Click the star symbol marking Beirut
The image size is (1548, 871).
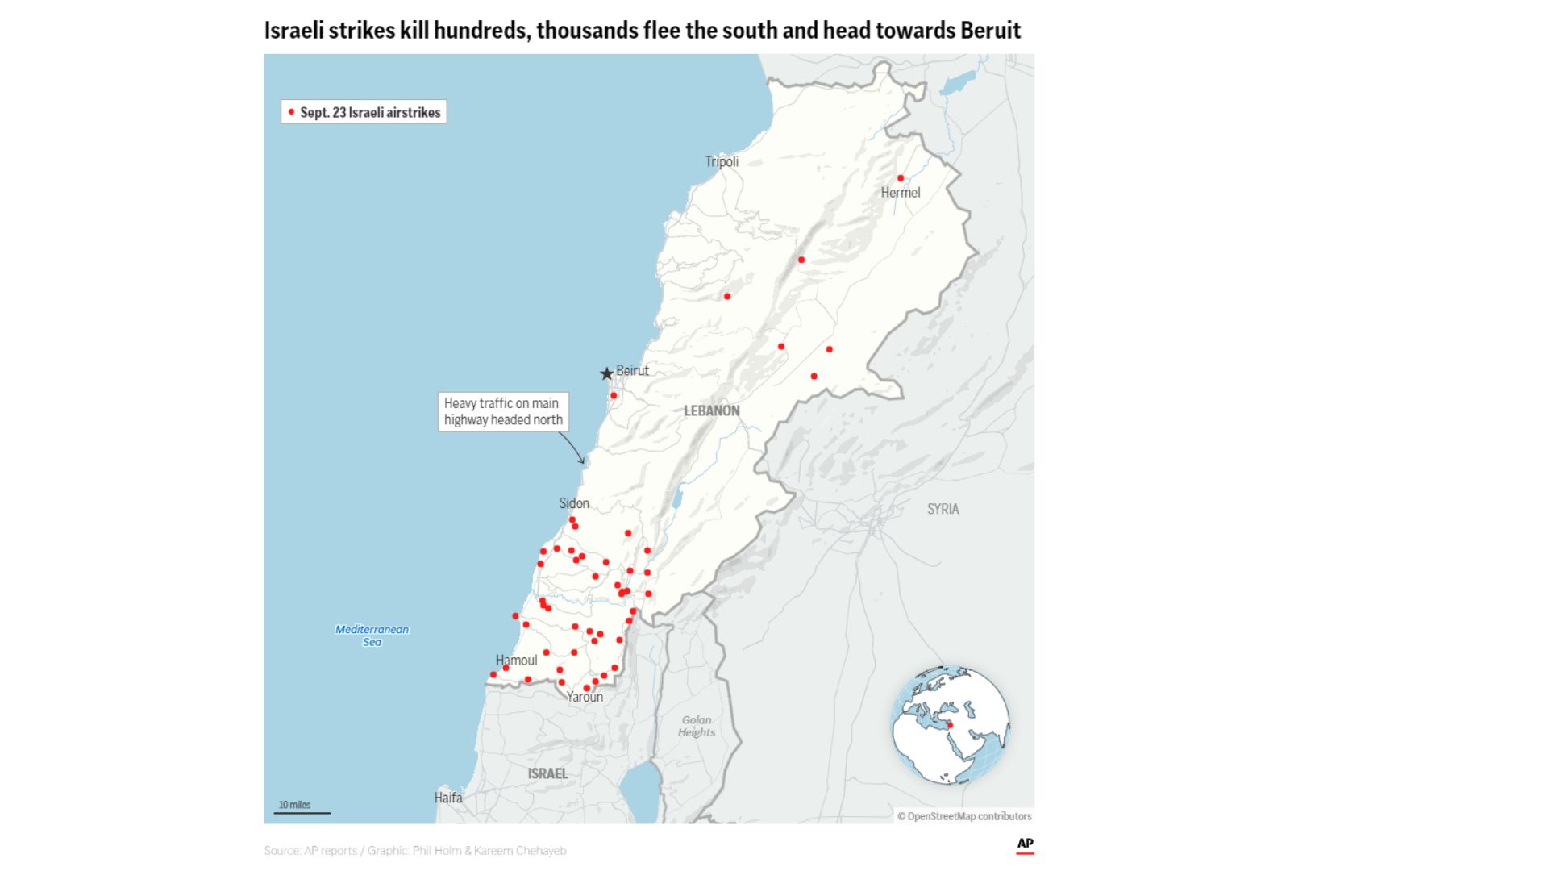click(606, 373)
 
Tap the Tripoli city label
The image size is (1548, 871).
click(722, 161)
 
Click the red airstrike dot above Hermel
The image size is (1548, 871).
click(901, 178)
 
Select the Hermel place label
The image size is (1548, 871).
click(900, 193)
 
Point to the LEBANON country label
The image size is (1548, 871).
click(711, 410)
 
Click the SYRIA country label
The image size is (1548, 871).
click(943, 509)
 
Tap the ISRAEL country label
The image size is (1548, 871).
click(547, 773)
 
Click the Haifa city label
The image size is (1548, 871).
click(448, 798)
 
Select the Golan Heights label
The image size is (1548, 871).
click(697, 726)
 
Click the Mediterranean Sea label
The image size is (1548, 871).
click(372, 636)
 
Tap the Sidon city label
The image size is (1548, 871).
click(574, 503)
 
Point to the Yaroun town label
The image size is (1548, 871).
click(585, 697)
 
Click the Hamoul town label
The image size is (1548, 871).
click(516, 661)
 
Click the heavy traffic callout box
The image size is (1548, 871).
click(503, 411)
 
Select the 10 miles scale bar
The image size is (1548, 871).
click(302, 809)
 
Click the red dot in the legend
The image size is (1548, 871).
click(291, 112)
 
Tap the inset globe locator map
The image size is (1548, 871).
click(950, 724)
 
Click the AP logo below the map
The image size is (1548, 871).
click(1025, 844)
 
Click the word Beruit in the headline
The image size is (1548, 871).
click(990, 31)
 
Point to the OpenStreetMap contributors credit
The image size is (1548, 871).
click(964, 816)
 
